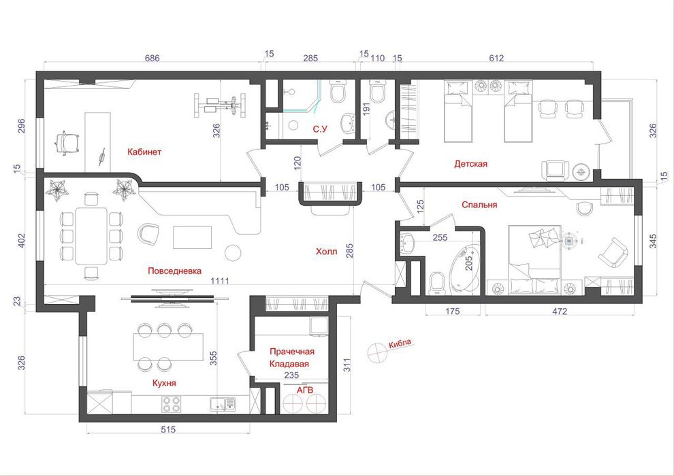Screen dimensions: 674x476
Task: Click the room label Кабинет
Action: pos(144,152)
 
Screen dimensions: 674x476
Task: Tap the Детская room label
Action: pos(470,163)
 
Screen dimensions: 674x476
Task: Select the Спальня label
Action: pos(479,205)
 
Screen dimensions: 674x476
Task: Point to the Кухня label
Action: pos(164,383)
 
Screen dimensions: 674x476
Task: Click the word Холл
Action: pos(327,252)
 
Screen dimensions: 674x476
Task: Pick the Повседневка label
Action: pos(174,271)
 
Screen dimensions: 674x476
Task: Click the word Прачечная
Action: pos(292,352)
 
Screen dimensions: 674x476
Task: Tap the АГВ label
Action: pos(305,390)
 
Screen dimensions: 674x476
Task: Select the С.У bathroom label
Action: pos(320,129)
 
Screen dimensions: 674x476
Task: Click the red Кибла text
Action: pos(400,343)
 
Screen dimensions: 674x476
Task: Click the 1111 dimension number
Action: pos(220,281)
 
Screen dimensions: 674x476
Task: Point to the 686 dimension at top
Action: pos(153,58)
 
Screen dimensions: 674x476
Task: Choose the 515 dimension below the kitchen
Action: pos(168,429)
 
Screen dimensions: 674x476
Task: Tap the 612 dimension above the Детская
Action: pos(496,58)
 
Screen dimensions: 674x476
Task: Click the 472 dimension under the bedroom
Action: pos(559,311)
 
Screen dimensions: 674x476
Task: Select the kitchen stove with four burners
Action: pos(171,403)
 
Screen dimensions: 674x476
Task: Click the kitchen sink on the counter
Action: pos(223,404)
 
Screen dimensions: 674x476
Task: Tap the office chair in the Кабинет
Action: pos(67,143)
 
